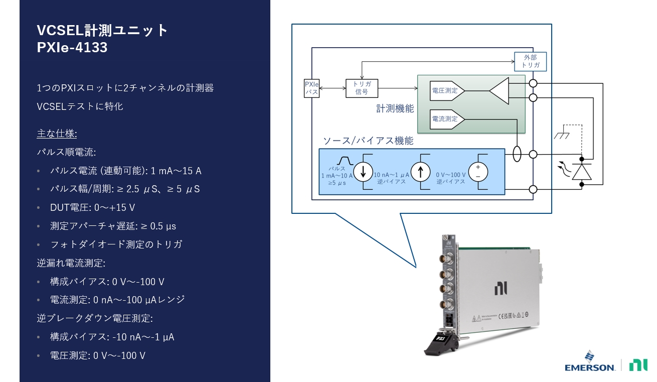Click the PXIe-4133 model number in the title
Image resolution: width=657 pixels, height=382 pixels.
click(72, 48)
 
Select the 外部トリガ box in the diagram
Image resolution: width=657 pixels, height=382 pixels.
click(530, 62)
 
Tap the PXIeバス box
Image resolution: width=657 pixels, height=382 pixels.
click(311, 88)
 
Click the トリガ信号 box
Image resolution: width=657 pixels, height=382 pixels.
click(362, 88)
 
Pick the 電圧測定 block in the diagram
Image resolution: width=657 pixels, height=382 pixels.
click(447, 91)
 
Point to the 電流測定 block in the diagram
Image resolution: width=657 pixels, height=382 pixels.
click(447, 119)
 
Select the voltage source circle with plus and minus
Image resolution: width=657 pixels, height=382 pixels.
click(478, 172)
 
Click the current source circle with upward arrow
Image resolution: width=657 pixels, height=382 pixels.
click(420, 172)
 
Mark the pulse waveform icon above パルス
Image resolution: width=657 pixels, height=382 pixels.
click(345, 160)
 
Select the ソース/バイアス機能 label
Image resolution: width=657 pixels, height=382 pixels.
click(368, 141)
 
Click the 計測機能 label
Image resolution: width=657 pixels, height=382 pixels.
click(395, 108)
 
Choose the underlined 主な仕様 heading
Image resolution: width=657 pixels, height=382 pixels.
click(57, 134)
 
